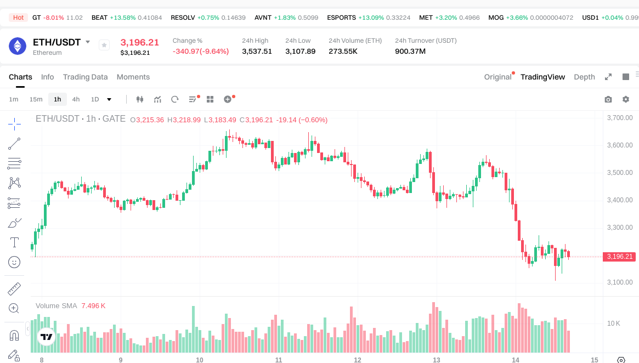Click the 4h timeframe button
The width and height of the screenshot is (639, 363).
[x=76, y=99]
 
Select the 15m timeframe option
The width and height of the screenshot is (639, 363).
[x=36, y=99]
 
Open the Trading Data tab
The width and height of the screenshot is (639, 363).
[x=85, y=77]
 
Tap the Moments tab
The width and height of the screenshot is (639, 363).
[x=133, y=77]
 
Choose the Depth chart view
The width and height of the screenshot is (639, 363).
[x=584, y=77]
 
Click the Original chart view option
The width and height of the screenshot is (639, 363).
[x=497, y=77]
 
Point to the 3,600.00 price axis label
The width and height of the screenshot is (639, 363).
[x=620, y=145]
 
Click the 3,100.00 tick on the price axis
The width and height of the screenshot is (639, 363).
[x=620, y=282]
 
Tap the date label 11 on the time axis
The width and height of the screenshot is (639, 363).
[x=279, y=360]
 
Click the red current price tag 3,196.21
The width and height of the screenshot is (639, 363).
[x=620, y=257]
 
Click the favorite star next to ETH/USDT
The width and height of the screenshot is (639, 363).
[x=104, y=46]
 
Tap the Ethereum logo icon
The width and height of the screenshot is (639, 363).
[x=18, y=46]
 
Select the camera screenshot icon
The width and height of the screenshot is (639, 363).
[x=608, y=99]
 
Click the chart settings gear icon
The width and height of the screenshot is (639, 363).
[x=626, y=99]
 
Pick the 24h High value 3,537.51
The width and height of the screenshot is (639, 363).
[x=257, y=52]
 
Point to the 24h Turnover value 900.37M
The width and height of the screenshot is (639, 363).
[x=410, y=52]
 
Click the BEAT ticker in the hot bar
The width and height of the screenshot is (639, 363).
[x=99, y=18]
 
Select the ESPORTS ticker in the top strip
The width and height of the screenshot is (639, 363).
[x=341, y=18]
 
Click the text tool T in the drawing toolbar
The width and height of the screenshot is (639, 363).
[x=14, y=242]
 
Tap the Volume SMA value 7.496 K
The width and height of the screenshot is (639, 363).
[x=93, y=305]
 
